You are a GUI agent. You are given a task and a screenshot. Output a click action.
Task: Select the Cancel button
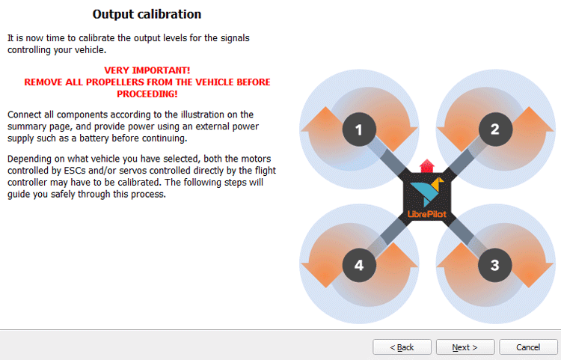[x=529, y=347]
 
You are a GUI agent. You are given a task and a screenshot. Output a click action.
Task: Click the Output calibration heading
[x=147, y=14]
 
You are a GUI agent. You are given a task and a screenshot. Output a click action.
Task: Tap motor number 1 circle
[x=358, y=130]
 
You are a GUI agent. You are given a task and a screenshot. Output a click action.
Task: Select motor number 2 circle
[x=494, y=129]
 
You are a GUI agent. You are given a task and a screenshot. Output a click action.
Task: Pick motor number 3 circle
[x=494, y=265]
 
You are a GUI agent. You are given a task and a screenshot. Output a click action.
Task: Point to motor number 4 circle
[x=358, y=265]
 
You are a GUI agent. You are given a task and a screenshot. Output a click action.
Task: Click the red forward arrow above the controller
[x=426, y=165]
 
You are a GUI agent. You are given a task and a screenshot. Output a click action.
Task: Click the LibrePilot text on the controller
[x=426, y=214]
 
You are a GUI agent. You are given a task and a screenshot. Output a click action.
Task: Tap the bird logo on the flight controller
[x=426, y=192]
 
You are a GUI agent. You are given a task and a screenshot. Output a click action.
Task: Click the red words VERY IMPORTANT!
[x=147, y=70]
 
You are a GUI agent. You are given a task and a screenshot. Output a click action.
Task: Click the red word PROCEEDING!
[x=147, y=94]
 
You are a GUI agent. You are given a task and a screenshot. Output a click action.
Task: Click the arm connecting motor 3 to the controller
[x=465, y=236]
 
